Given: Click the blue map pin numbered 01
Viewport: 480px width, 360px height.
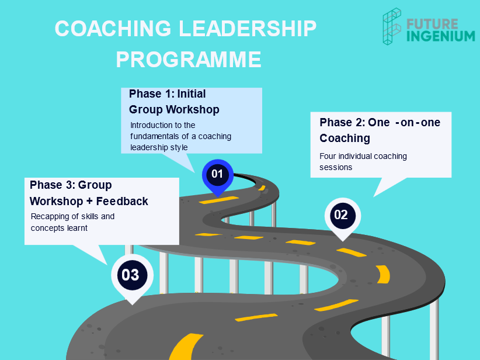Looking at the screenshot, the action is [x=218, y=176].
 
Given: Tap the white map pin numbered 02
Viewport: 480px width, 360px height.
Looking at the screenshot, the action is [x=343, y=217].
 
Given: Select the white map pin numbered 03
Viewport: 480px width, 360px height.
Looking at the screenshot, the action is [x=132, y=276].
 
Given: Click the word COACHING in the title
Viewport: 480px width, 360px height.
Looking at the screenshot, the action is [x=113, y=29].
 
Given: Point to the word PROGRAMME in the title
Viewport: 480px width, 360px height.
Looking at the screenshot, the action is [x=189, y=60].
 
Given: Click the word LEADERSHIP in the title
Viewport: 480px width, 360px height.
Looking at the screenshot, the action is [x=248, y=29].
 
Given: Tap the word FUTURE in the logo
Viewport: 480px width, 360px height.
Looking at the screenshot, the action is [x=432, y=24].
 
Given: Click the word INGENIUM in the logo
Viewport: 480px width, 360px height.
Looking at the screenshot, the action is [x=441, y=36].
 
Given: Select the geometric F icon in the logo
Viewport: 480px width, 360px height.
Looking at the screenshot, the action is [x=392, y=26].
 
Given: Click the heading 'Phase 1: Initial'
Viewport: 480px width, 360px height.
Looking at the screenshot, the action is [x=167, y=94].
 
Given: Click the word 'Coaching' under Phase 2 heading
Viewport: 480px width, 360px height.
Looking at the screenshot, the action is [x=345, y=138].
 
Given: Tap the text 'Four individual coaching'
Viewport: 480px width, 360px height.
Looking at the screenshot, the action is [x=363, y=156].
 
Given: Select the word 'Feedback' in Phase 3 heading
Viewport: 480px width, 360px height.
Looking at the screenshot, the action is [x=122, y=201].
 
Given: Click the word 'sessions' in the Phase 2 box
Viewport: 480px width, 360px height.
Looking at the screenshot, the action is [x=336, y=167].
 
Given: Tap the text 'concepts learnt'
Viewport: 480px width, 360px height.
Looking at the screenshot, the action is [x=59, y=228].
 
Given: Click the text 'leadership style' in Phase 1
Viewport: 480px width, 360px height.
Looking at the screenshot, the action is [x=159, y=147].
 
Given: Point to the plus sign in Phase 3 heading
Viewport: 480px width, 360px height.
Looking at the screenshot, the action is [x=89, y=201].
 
